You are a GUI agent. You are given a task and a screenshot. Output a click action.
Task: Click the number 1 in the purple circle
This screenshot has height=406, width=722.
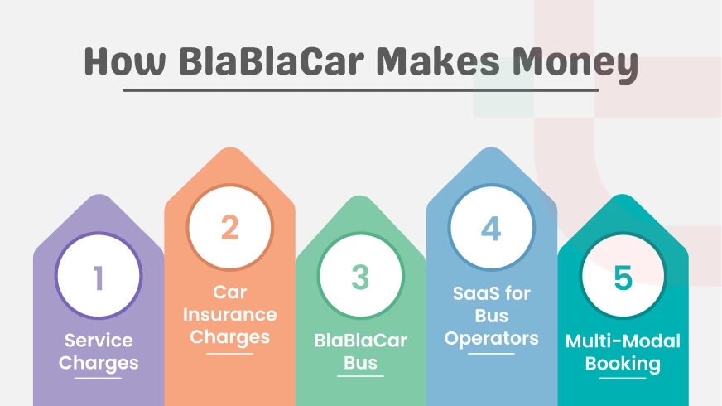[x=99, y=278]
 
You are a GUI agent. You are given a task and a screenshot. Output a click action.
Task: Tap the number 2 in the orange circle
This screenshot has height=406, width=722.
[x=229, y=227]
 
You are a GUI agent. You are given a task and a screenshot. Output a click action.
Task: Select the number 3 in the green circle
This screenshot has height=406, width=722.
[x=360, y=278]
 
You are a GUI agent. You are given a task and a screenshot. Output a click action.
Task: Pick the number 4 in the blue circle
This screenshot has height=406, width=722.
[x=491, y=227]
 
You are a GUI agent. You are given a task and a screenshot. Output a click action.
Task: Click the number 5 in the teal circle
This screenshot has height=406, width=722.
[x=623, y=278]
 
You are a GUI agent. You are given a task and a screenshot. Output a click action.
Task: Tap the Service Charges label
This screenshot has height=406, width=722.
[x=99, y=351]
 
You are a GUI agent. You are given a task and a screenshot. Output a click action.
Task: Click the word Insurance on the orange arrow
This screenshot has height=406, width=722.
[x=229, y=315]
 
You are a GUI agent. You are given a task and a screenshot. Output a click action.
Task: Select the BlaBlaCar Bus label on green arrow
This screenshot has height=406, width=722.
[x=360, y=351]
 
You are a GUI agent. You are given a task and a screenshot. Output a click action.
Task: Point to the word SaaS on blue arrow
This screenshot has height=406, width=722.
[x=491, y=294]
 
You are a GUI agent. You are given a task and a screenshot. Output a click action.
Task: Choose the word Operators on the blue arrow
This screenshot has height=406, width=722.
[x=491, y=338]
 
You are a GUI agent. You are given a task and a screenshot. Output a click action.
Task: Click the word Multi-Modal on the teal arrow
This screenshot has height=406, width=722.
[x=623, y=341]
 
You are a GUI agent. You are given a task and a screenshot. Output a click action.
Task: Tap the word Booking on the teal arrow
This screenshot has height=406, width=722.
[x=623, y=363]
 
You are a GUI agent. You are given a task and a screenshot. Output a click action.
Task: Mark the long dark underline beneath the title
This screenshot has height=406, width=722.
[x=360, y=89]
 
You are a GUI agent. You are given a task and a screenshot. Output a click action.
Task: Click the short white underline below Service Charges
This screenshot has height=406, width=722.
[x=99, y=378]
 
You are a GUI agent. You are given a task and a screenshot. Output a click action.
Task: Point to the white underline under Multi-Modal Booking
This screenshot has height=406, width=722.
[x=623, y=378]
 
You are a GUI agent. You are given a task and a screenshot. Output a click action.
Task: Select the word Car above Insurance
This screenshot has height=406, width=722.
[x=229, y=292]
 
